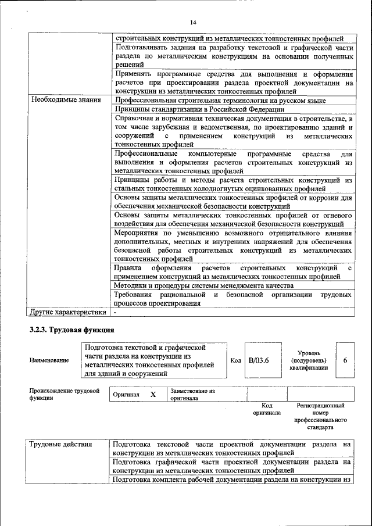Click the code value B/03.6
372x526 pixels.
coord(259,360)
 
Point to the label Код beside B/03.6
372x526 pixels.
coord(235,360)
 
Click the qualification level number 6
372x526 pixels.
coord(345,360)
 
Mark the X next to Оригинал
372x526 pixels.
coord(153,394)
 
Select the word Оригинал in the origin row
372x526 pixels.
coord(126,395)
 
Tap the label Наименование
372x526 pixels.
coord(49,360)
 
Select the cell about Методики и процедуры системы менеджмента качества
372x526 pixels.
coord(203,286)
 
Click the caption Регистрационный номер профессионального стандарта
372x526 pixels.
coord(320,416)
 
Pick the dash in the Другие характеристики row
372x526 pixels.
coord(116,312)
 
